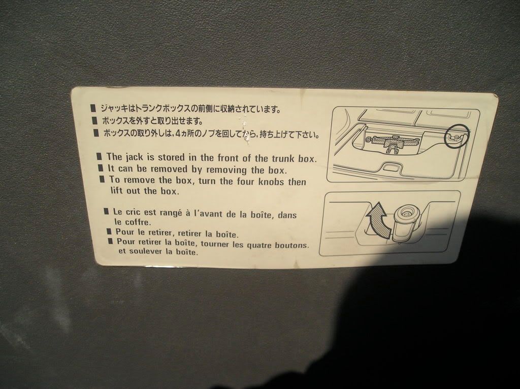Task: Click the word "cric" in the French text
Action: point(133,212)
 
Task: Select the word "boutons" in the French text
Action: point(291,246)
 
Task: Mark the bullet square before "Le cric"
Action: point(106,211)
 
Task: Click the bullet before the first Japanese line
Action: point(93,108)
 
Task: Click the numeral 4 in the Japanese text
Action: point(178,134)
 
